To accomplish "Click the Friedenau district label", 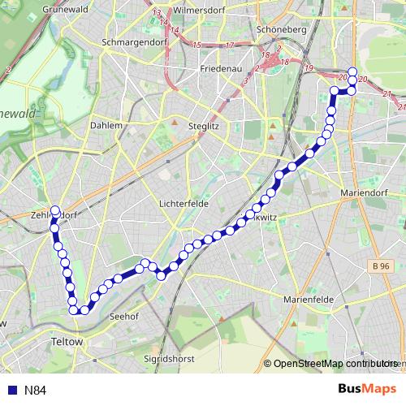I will tap(222, 69).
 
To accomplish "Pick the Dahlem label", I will tap(106, 126).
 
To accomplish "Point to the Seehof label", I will tap(123, 317).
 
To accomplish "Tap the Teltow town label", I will tap(67, 342).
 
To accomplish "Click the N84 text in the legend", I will tap(35, 391).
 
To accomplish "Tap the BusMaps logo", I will tap(367, 389).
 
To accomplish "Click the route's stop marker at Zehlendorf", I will tap(55, 210).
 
